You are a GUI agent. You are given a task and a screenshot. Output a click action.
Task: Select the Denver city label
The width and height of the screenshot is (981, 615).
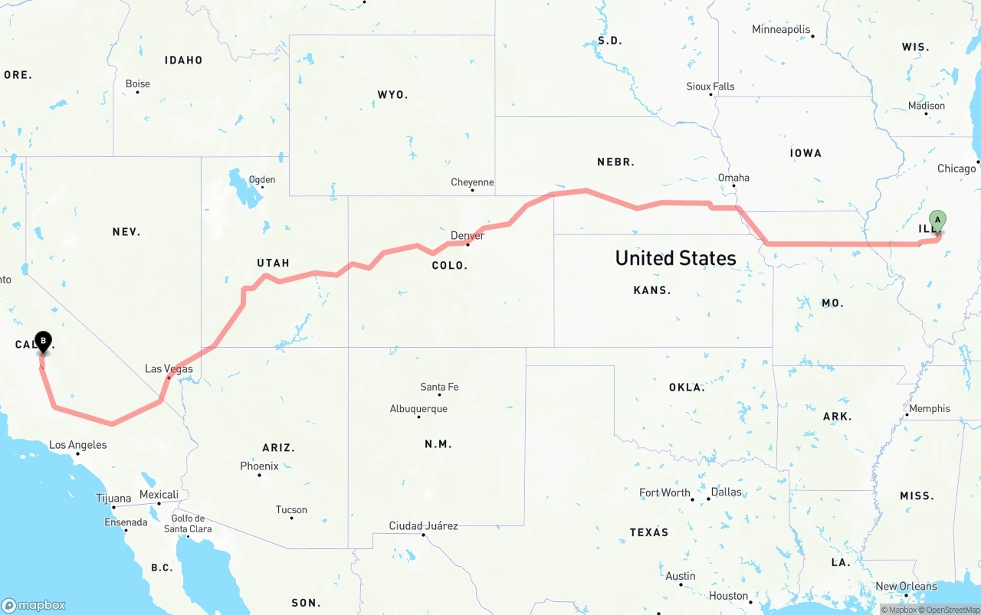point(468,235)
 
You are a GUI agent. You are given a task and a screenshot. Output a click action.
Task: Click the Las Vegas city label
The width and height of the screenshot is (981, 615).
point(169,369)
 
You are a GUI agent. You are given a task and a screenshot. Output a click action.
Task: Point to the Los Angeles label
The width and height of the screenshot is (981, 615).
point(77,445)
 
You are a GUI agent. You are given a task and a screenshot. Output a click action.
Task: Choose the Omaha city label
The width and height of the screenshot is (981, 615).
point(733,178)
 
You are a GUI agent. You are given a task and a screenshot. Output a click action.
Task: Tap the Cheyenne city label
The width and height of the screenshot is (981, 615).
point(472,182)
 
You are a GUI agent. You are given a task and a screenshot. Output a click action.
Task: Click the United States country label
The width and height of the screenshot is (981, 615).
point(675,258)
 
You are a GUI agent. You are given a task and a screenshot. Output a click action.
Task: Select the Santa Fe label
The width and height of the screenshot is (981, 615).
point(439,387)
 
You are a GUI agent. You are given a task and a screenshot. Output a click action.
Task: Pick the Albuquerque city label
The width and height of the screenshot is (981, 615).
point(418,409)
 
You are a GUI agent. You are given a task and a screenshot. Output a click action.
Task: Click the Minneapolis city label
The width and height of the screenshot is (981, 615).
point(781,30)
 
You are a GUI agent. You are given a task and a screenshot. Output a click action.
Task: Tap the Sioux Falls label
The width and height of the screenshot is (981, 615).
point(710,87)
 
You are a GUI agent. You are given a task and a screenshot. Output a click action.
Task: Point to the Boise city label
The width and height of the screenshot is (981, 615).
point(138,83)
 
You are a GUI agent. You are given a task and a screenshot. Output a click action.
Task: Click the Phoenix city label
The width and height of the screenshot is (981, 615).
point(259,466)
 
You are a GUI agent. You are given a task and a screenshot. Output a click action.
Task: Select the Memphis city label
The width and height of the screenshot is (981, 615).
point(929,409)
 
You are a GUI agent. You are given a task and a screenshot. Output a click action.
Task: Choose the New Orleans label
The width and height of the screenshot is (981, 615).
point(906,587)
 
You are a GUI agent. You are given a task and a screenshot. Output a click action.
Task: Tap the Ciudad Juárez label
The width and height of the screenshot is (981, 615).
point(423,526)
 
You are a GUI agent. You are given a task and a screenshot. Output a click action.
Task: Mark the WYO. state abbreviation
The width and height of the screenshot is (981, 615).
point(392,95)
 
